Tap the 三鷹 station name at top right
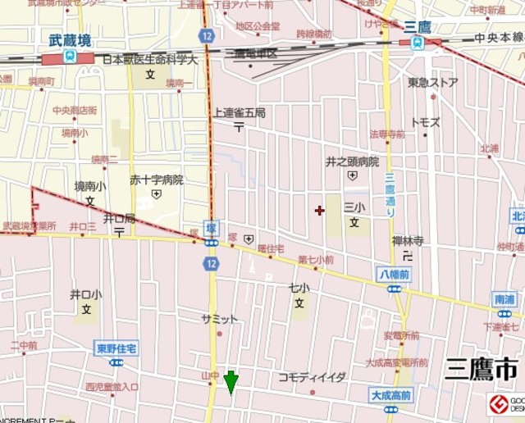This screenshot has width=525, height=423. [x=418, y=27]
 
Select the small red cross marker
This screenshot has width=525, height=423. [x=319, y=211]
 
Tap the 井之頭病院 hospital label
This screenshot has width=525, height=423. [x=353, y=161]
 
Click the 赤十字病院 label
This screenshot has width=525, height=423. [x=157, y=180]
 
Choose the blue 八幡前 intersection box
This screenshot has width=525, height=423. [x=394, y=274]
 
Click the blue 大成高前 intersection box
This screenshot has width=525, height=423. [x=390, y=395]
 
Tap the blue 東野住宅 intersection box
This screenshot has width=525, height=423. [x=116, y=347]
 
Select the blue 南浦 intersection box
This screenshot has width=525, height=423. [x=504, y=299]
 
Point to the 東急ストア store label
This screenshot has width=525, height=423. [x=432, y=83]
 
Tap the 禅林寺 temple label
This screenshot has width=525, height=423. [x=408, y=241]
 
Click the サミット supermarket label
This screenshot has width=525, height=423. [x=219, y=318]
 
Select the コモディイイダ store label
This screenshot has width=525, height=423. [x=312, y=376]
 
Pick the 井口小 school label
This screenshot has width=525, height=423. [x=85, y=294]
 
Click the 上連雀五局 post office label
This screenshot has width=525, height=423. [x=239, y=112]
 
